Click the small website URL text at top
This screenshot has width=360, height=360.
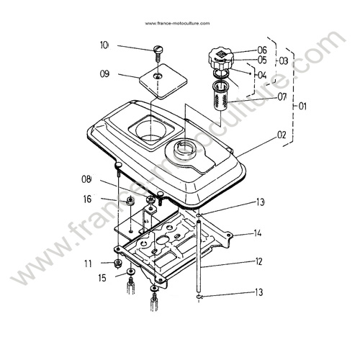tap(177, 23)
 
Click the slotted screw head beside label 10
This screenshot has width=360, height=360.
tap(158, 49)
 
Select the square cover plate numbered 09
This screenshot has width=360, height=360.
tap(163, 81)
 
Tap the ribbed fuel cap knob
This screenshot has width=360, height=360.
tap(220, 59)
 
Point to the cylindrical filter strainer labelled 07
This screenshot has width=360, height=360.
tap(220, 96)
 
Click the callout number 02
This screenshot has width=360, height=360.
tap(282, 135)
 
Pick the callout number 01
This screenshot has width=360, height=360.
tap(302, 106)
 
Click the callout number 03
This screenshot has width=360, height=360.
tap(284, 61)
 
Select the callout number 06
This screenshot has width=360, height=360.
tap(262, 50)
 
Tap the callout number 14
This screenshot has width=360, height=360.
tap(258, 233)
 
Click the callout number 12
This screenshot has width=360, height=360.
tap(258, 261)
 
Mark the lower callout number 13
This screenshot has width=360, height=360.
tap(259, 292)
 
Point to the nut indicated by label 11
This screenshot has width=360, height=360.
tap(117, 264)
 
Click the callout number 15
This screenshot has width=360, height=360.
tap(102, 278)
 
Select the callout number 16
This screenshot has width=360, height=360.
tap(88, 199)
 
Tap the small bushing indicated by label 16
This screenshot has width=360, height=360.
tap(130, 201)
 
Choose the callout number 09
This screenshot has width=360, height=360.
tap(104, 73)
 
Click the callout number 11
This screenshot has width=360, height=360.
tap(88, 264)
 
